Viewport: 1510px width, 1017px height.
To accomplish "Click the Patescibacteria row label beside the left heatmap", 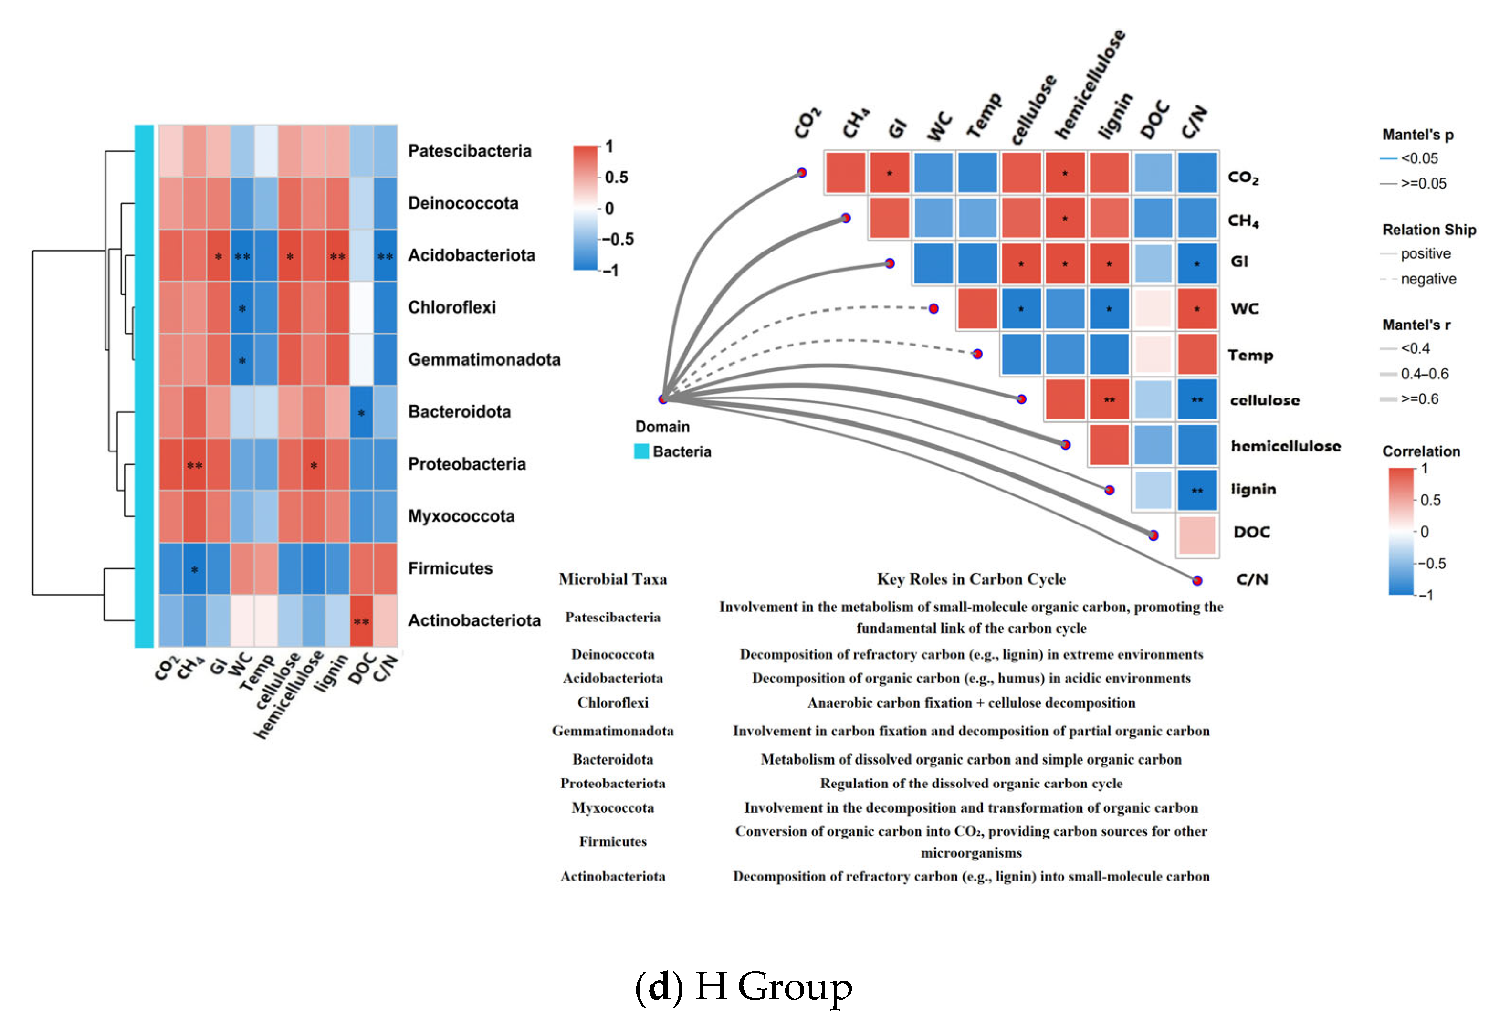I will click(x=469, y=151).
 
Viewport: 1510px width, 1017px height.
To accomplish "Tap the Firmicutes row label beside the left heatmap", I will click(x=450, y=568).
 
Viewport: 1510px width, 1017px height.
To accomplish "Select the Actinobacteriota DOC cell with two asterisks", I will click(x=361, y=621).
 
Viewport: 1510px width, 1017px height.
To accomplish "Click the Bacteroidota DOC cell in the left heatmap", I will click(x=361, y=412).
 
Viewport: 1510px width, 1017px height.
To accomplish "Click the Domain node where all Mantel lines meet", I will click(x=663, y=399).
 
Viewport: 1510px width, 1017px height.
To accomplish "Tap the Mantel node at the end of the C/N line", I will click(x=1197, y=580).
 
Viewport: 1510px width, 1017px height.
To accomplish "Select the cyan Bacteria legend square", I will click(x=641, y=451).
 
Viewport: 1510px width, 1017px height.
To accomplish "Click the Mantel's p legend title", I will click(x=1417, y=135).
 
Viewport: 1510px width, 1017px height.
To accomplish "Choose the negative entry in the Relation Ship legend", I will click(x=1427, y=279).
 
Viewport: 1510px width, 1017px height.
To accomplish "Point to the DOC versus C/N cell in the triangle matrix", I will click(x=1197, y=536).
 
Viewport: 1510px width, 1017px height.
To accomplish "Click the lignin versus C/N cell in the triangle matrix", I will click(x=1197, y=490).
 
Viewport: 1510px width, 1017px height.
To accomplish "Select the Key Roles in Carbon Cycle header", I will click(x=971, y=579).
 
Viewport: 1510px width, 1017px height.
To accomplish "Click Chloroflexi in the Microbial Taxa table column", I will click(x=612, y=702).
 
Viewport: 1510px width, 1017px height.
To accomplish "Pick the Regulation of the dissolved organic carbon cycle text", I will click(x=971, y=784).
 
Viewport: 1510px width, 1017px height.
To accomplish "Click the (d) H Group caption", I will click(x=744, y=986).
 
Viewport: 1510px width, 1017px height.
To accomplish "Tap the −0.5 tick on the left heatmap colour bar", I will click(x=618, y=239).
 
